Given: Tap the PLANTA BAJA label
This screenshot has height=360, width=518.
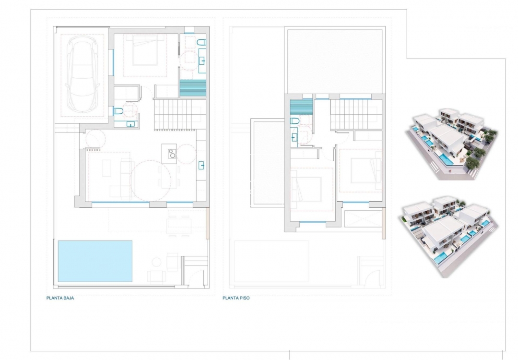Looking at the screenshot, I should point(60,298).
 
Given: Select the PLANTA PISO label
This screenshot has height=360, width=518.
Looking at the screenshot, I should point(236,298).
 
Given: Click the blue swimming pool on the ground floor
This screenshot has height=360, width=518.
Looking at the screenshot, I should point(95,261).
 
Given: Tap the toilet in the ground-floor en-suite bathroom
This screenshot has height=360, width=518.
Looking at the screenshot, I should point(201,43).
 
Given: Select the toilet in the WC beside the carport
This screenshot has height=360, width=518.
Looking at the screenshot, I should point(118,111).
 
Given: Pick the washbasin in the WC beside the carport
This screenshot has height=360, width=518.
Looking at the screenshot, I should point(131,124).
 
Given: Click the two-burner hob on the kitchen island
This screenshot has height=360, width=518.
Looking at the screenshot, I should point(171,154).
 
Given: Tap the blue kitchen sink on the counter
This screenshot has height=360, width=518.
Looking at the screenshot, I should point(202,165).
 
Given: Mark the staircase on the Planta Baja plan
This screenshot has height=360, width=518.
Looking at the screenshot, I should point(173,114).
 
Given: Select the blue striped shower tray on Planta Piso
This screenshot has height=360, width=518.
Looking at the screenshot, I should point(302,106).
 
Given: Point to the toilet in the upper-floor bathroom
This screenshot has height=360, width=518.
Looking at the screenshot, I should point(295,121).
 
